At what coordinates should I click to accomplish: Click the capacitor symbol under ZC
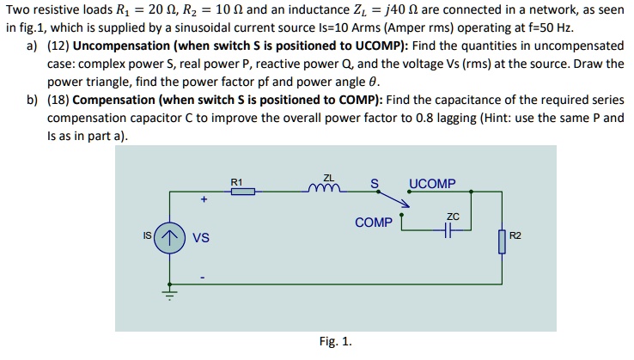[x=448, y=229]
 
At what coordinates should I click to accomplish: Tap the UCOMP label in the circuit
[x=433, y=183]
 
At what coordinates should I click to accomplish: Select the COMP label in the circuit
[x=373, y=223]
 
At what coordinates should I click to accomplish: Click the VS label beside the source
[x=200, y=238]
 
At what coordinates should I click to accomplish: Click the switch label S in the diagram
[x=374, y=182]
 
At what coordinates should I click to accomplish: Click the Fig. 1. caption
[x=335, y=341]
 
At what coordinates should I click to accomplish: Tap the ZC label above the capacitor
[x=453, y=216]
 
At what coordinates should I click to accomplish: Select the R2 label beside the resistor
[x=515, y=235]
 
